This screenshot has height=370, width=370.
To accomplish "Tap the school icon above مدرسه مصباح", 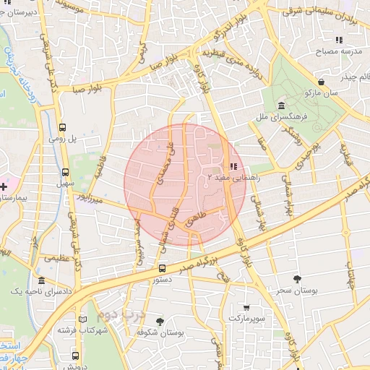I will point(337,40).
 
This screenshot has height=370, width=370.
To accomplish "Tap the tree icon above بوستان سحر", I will point(297,278).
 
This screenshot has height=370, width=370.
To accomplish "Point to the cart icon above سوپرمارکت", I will point(247,306).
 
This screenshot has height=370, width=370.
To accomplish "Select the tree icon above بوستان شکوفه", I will point(160,322).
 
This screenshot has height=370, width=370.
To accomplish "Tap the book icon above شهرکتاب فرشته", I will point(82,319).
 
